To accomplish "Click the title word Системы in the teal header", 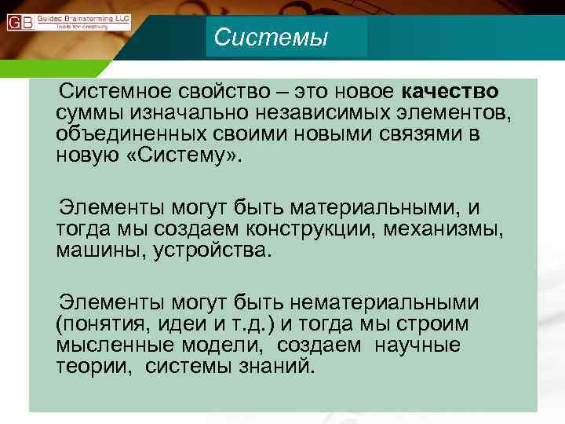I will click(271, 37).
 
